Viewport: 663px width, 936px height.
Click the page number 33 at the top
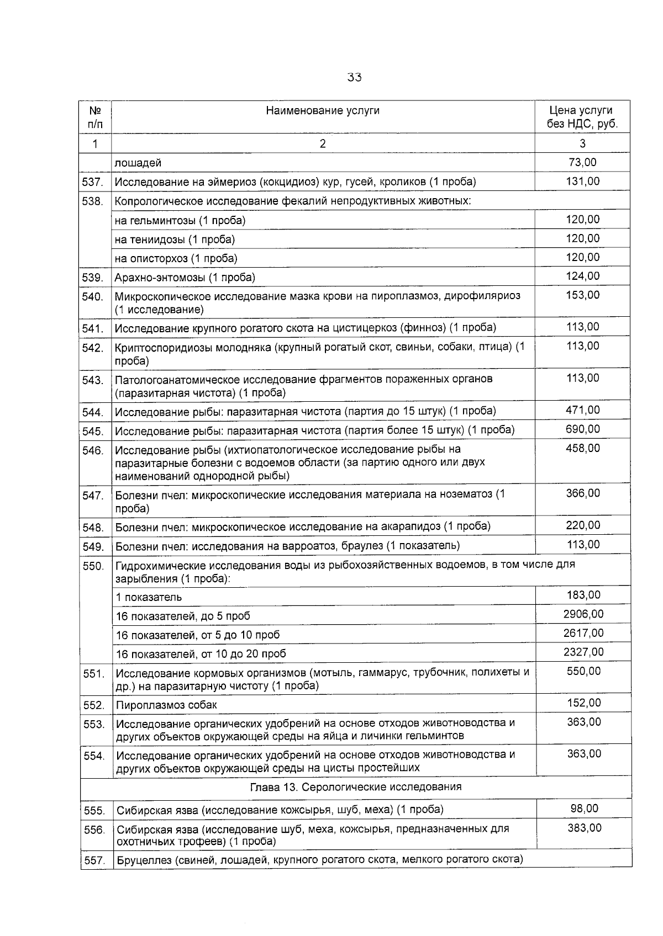354,77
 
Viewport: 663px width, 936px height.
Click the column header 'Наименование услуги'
323,110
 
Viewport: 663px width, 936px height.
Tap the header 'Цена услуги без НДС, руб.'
582,117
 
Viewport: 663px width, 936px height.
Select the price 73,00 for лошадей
582,162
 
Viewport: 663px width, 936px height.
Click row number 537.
92,182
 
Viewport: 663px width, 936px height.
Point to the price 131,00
582,181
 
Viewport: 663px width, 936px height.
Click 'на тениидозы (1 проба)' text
175,240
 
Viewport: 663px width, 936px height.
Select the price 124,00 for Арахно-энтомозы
582,276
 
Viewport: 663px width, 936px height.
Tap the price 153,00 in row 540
582,295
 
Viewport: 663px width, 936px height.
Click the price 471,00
582,410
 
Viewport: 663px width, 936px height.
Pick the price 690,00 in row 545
582,429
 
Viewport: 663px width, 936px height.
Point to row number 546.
93,451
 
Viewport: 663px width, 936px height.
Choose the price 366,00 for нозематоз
582,493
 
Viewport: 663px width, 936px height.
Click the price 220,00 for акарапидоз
582,525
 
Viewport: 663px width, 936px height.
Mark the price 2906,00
583,614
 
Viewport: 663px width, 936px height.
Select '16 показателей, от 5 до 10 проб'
198,635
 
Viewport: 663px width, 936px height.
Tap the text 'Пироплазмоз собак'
166,705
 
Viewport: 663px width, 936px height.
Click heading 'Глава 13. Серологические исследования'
356,787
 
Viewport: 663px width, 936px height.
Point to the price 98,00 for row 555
584,809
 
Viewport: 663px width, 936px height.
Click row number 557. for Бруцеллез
94,860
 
